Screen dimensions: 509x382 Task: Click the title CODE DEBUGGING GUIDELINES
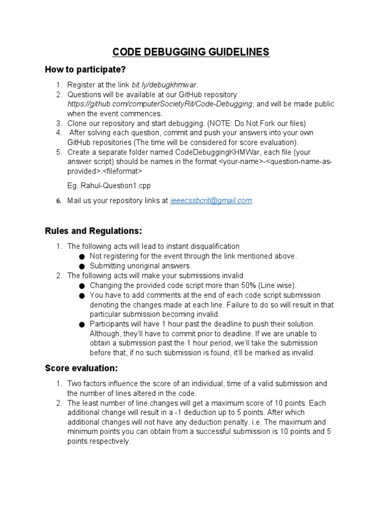(x=191, y=52)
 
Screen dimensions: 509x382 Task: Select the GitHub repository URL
(x=161, y=104)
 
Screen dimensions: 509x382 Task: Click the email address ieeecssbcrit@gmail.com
(x=211, y=200)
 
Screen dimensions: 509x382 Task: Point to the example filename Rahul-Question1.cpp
(x=108, y=185)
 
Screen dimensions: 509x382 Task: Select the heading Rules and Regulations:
(x=94, y=231)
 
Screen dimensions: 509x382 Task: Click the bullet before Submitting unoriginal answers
(x=82, y=266)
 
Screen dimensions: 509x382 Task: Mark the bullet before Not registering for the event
(x=82, y=256)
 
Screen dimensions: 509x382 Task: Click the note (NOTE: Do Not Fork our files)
(x=253, y=123)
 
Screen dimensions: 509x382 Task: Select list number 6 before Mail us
(x=58, y=201)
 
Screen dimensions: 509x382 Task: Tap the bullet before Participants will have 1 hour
(x=82, y=324)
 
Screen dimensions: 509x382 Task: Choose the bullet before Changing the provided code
(x=82, y=285)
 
